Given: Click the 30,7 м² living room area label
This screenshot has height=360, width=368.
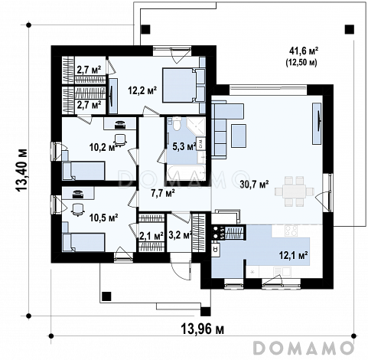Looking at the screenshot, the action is [x=254, y=185].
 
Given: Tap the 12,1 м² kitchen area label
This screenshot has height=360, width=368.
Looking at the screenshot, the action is [x=294, y=255].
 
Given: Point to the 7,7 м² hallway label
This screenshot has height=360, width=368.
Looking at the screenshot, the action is [x=163, y=193].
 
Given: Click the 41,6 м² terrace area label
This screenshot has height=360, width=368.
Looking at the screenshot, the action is [x=304, y=51].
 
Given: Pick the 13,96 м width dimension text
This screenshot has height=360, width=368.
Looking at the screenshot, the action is [x=203, y=329].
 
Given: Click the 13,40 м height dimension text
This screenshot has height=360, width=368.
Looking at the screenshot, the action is [x=21, y=170].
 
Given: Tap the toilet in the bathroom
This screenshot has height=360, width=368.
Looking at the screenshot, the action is [x=176, y=123].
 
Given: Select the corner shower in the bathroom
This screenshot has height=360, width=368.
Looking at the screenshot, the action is [x=196, y=126].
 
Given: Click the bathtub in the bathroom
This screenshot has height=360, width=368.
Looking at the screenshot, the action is [x=186, y=173].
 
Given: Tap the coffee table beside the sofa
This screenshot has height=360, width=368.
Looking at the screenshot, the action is [x=239, y=136].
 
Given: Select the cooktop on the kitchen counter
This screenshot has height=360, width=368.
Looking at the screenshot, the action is [x=291, y=231].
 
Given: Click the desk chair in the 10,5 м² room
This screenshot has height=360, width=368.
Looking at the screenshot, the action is [x=77, y=209].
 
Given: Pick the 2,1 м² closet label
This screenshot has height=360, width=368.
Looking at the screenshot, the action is [x=151, y=236].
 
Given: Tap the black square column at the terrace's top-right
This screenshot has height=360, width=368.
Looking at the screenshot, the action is [x=350, y=30].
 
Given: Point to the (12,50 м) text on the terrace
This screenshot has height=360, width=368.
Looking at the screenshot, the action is [x=301, y=63].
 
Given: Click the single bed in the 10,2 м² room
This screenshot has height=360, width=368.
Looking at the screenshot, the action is [x=83, y=171].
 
